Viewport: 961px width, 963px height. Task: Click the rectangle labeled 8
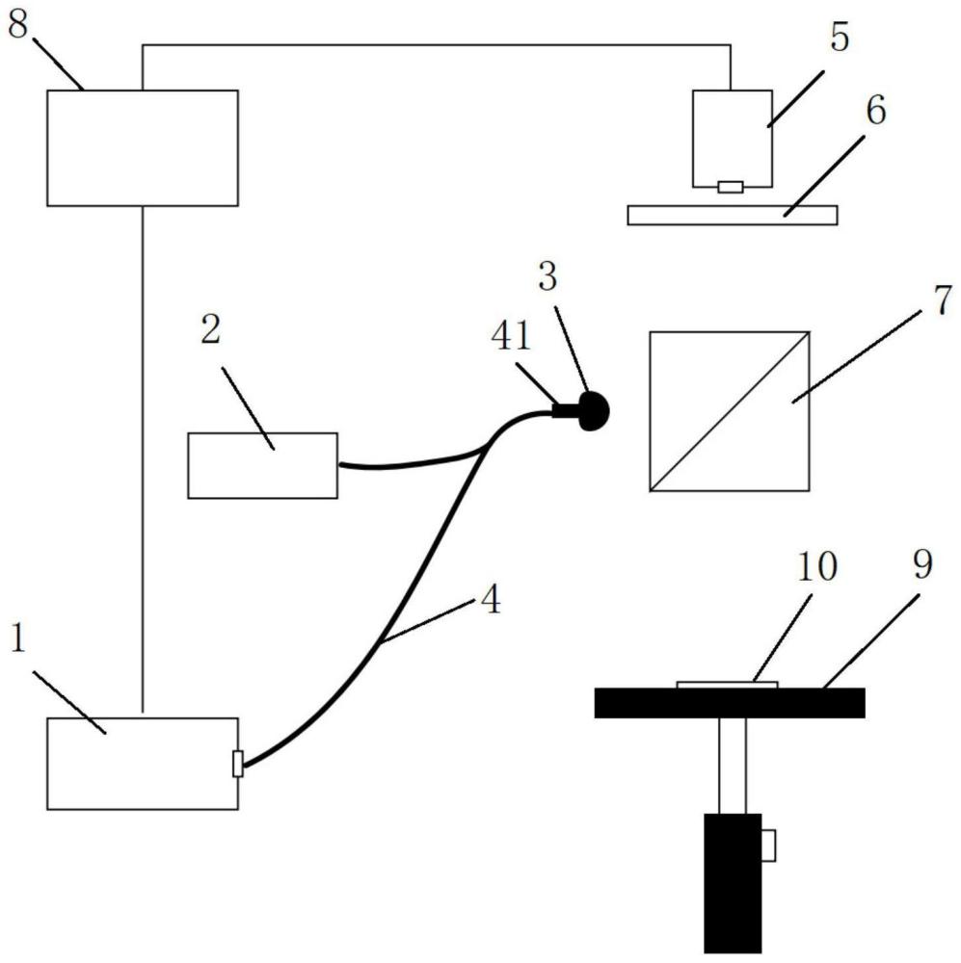coord(143,147)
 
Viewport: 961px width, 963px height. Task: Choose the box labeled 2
coord(262,465)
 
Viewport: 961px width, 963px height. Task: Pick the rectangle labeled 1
coord(142,763)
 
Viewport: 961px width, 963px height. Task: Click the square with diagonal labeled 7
coord(730,411)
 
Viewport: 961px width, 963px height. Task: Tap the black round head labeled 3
coord(592,412)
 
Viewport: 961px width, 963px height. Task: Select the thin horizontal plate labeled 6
coord(732,215)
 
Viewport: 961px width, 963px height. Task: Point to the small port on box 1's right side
coord(238,763)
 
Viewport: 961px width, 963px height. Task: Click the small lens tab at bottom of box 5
coord(731,187)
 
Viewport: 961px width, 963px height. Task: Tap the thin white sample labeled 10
coord(727,685)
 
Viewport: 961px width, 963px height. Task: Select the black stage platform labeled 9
coord(729,703)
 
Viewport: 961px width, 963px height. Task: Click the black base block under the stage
coord(732,881)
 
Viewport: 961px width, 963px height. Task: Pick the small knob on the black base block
coord(769,845)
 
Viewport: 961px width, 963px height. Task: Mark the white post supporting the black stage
coord(732,766)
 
